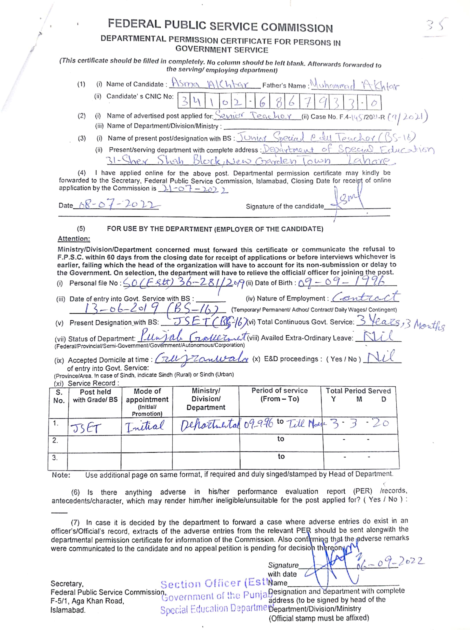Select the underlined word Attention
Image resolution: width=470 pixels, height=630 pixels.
[x=74, y=239]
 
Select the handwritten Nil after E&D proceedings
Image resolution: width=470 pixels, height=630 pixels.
[x=381, y=357]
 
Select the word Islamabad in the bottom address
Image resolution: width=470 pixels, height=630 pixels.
[x=68, y=610]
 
